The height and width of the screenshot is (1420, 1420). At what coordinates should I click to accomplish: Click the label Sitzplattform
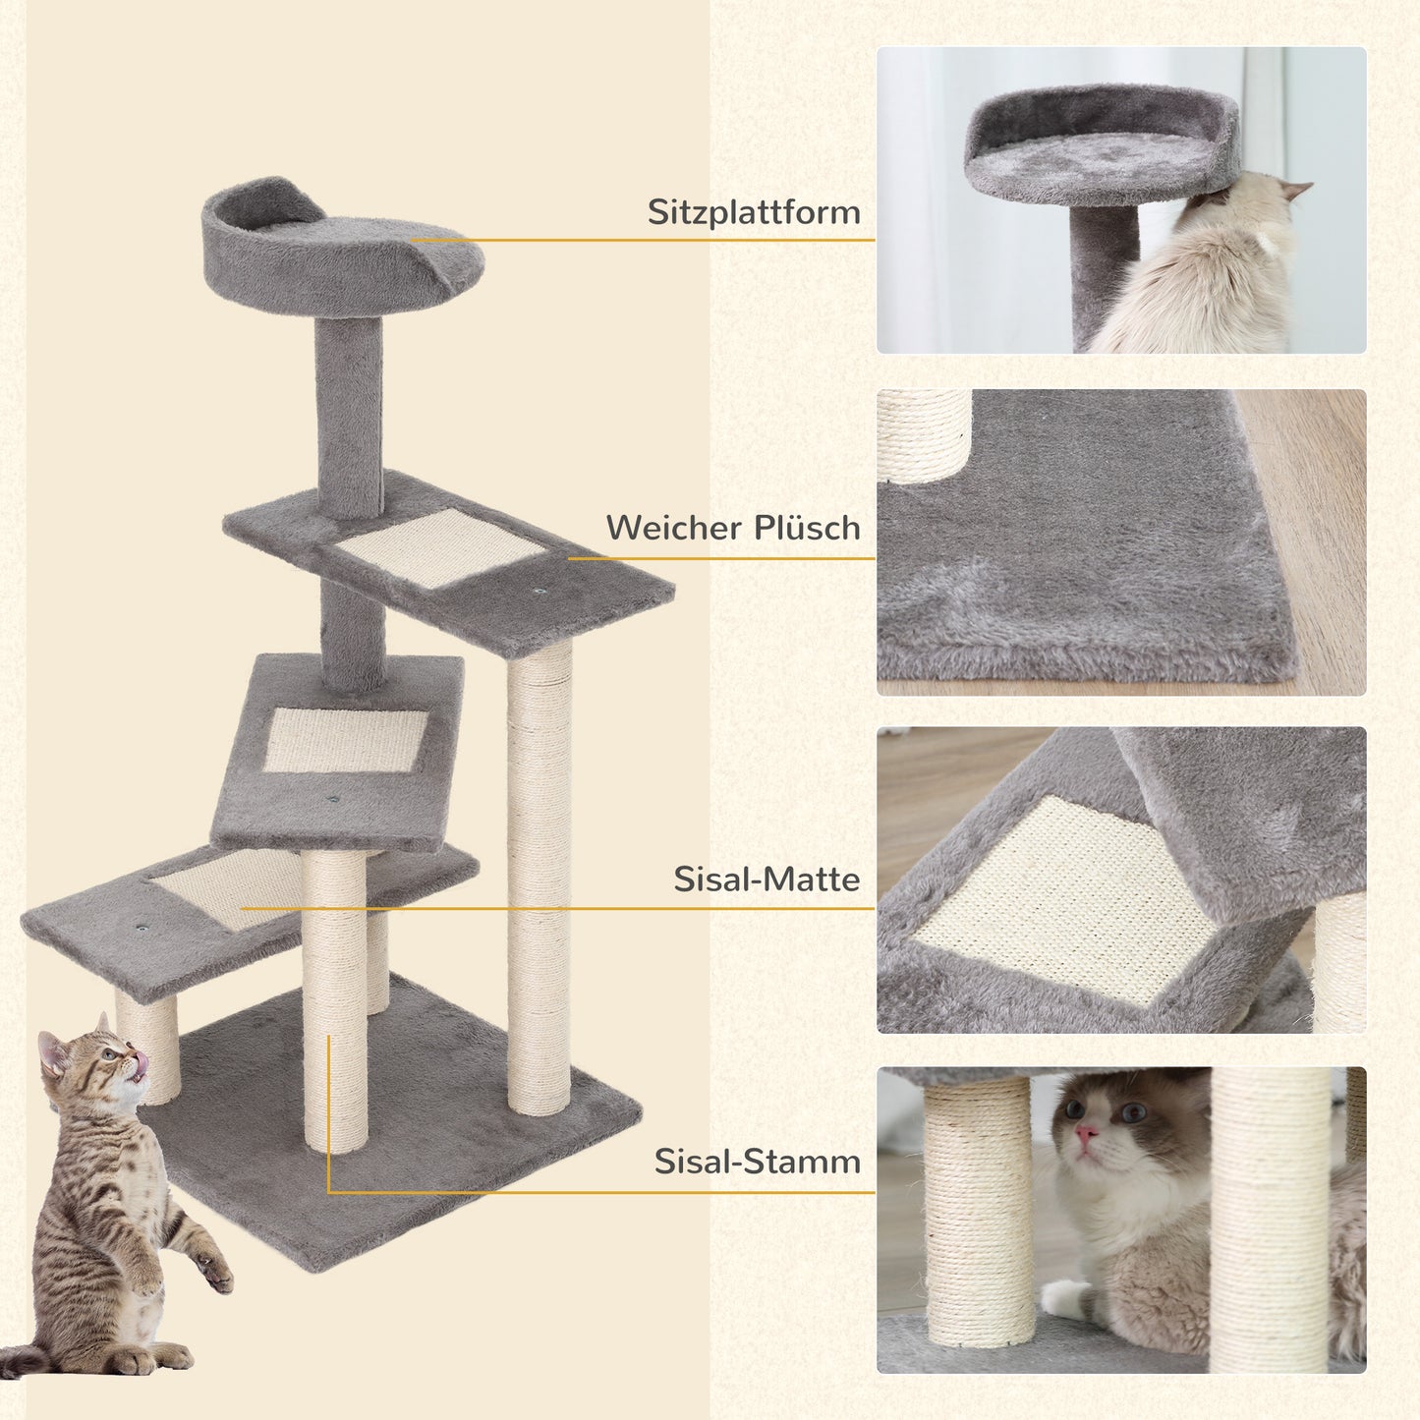pos(753,213)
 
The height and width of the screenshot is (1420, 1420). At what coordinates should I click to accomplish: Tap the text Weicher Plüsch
pos(732,529)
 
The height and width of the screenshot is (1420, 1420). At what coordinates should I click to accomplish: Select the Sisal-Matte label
pos(766,880)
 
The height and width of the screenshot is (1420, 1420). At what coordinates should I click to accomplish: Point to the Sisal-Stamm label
pos(757,1163)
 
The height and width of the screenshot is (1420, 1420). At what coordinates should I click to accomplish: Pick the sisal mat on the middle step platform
pos(345,739)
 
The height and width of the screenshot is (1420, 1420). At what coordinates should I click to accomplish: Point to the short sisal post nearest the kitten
pos(149,1047)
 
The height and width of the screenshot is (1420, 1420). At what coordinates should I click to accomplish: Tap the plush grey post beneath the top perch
pos(348,403)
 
